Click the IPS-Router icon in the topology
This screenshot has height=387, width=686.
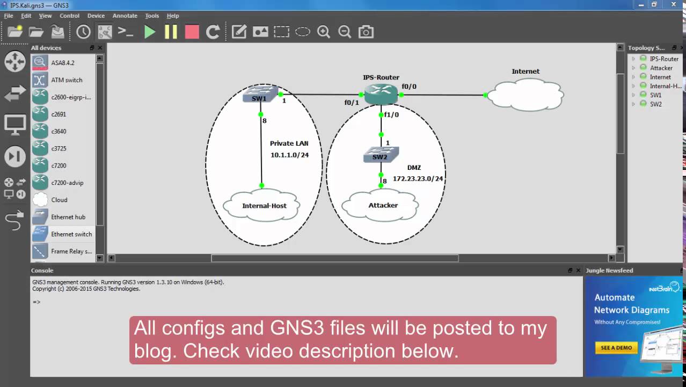click(381, 94)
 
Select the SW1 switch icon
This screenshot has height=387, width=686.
click(259, 95)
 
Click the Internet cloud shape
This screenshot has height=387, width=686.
click(525, 95)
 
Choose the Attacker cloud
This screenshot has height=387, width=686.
click(383, 205)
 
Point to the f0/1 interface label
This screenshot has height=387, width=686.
click(352, 103)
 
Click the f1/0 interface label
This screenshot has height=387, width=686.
click(391, 114)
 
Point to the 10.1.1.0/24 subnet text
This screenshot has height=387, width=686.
click(289, 155)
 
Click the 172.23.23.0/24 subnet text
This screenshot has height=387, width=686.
click(418, 178)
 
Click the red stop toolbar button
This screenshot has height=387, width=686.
click(192, 32)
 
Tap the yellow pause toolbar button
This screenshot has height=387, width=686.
click(171, 32)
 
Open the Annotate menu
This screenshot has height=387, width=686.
click(125, 16)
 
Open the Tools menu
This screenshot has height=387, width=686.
click(152, 16)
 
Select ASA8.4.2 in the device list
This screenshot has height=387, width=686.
click(63, 63)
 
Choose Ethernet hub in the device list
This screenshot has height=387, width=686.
click(68, 217)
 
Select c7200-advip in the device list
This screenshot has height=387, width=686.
click(67, 183)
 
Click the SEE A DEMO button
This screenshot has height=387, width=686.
click(616, 347)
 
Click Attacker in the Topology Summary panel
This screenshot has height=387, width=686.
click(661, 68)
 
